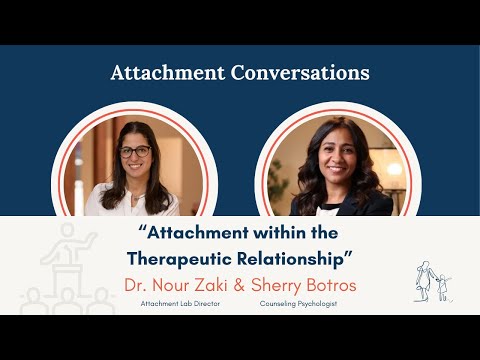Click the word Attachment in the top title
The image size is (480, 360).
159,73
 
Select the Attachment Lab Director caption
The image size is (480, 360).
179,301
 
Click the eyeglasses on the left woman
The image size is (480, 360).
135,152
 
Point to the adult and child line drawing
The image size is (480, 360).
431,280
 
